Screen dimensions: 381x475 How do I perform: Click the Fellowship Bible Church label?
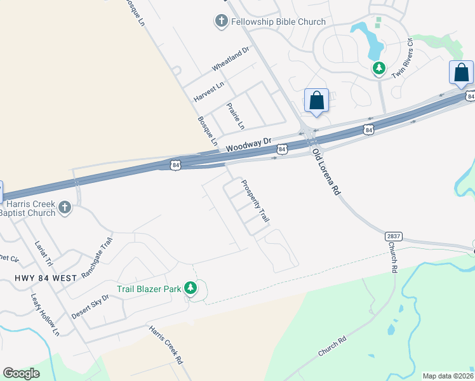pyautogui.click(x=278, y=22)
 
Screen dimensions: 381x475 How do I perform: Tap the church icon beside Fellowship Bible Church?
pyautogui.click(x=221, y=22)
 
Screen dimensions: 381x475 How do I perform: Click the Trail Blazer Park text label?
pyautogui.click(x=149, y=289)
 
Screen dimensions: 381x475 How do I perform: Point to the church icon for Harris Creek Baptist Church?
pyautogui.click(x=64, y=207)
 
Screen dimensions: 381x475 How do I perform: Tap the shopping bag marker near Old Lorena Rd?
pyautogui.click(x=316, y=100)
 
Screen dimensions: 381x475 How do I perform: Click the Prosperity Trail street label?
pyautogui.click(x=255, y=201)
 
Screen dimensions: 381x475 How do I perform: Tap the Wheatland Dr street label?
pyautogui.click(x=231, y=58)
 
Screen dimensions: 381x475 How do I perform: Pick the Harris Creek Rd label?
pyautogui.click(x=166, y=345)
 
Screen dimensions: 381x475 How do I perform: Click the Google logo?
pyautogui.click(x=21, y=373)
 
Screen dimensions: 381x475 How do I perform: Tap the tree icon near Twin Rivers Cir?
pyautogui.click(x=378, y=67)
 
